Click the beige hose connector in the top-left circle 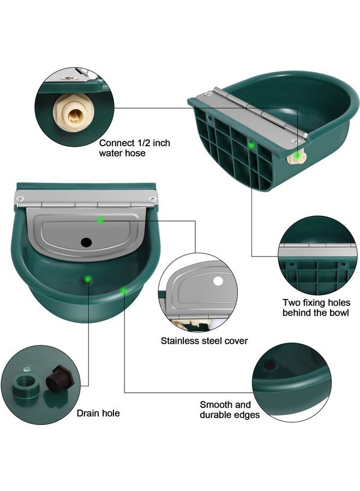[71, 111]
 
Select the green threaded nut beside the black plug [26, 383]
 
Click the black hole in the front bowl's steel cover [86, 241]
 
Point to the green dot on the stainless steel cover [100, 220]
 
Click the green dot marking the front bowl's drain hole [87, 280]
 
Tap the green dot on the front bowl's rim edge [124, 290]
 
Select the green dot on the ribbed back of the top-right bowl [251, 145]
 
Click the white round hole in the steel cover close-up [218, 282]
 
